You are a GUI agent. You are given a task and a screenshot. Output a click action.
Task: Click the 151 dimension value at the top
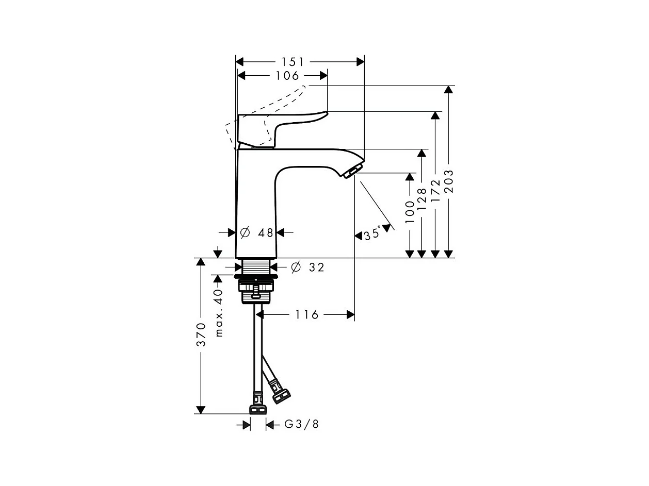tap(293, 62)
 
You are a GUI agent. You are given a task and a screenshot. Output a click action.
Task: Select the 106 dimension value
tap(287, 76)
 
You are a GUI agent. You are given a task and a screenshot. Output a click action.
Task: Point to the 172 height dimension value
tap(435, 190)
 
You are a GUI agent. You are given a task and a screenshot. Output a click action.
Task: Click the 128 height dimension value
tap(422, 198)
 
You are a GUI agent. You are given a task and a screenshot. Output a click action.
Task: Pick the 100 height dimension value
tap(410, 211)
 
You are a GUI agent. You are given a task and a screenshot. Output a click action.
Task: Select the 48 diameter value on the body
tap(266, 233)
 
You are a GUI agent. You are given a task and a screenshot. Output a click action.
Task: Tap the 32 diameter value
tap(317, 267)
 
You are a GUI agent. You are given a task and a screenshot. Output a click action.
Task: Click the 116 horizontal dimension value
tap(307, 314)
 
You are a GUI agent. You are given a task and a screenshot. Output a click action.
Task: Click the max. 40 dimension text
tap(219, 312)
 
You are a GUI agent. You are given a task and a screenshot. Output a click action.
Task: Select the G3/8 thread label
tap(302, 424)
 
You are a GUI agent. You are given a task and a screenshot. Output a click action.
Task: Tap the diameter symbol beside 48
tap(245, 233)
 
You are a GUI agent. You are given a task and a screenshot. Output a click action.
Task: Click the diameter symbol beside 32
tap(296, 267)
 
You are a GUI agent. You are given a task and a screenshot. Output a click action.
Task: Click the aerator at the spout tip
tap(353, 170)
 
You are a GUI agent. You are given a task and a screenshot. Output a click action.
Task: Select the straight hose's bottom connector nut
tap(257, 409)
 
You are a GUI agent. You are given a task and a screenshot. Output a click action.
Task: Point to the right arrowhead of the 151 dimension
tap(360, 62)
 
